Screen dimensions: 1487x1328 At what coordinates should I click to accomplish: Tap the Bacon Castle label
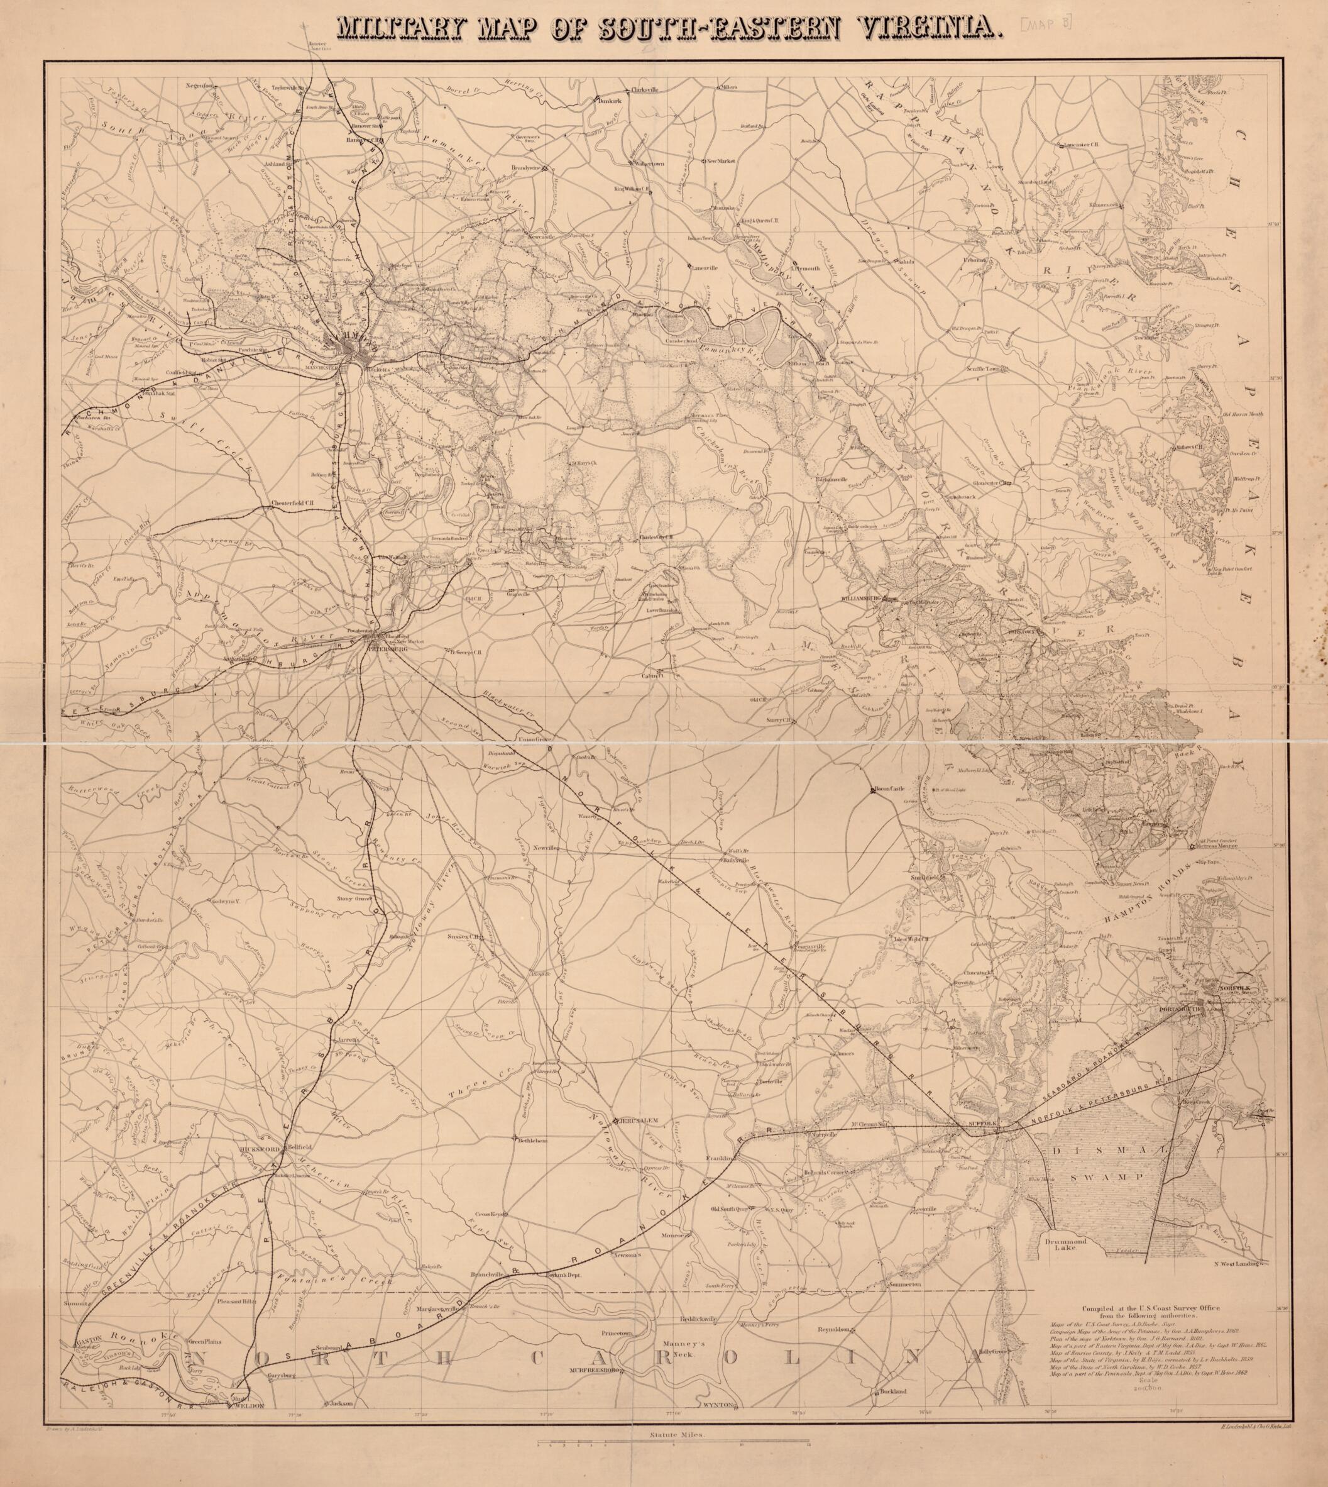click(x=889, y=789)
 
